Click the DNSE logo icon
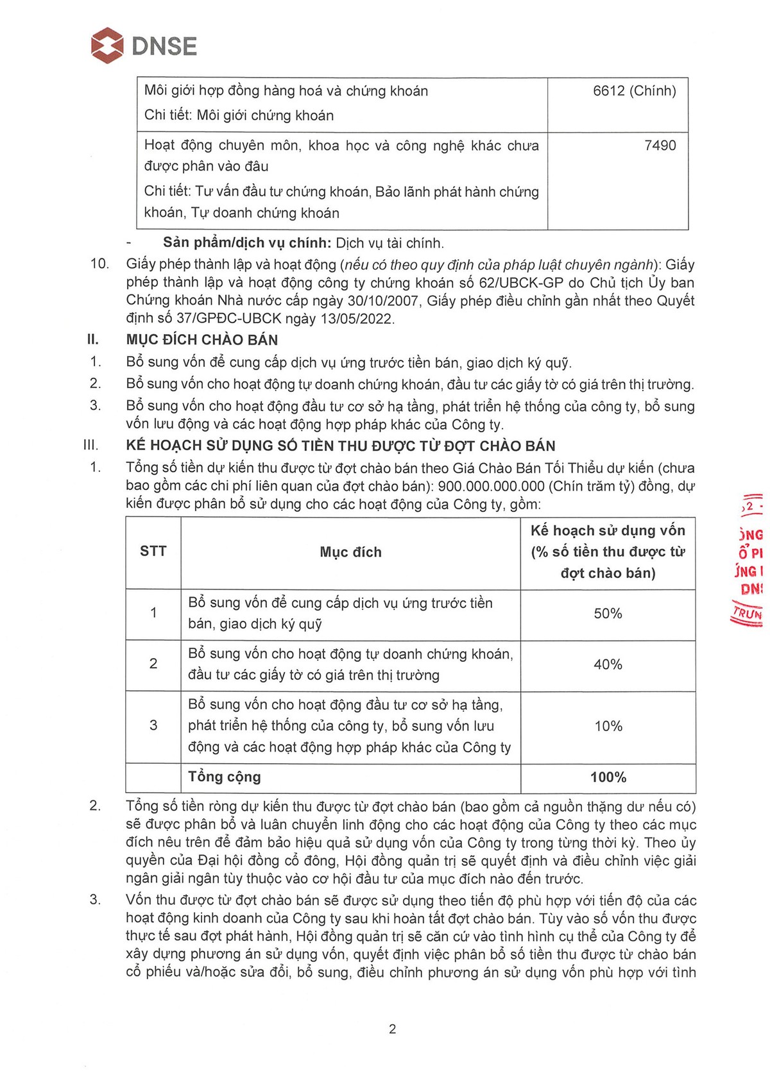tap(107, 46)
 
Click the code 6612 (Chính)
tap(634, 91)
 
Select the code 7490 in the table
tap(660, 146)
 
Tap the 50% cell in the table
tap(608, 614)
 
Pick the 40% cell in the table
tap(608, 664)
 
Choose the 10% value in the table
tap(608, 726)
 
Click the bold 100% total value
tap(608, 777)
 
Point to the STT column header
tap(153, 552)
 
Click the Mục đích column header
tap(350, 552)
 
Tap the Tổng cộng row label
tap(224, 777)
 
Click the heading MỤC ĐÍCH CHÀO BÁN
tap(202, 340)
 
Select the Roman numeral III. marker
tap(91, 445)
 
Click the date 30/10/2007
tap(385, 300)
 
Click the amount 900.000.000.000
tap(491, 486)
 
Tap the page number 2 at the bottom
tap(392, 1029)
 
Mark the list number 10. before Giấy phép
tap(99, 264)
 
